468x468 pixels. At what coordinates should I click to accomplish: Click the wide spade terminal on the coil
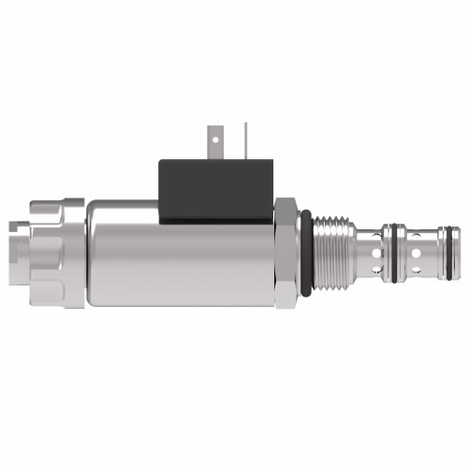[x=220, y=140]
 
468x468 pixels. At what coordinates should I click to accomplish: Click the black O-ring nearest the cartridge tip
[x=452, y=250]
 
